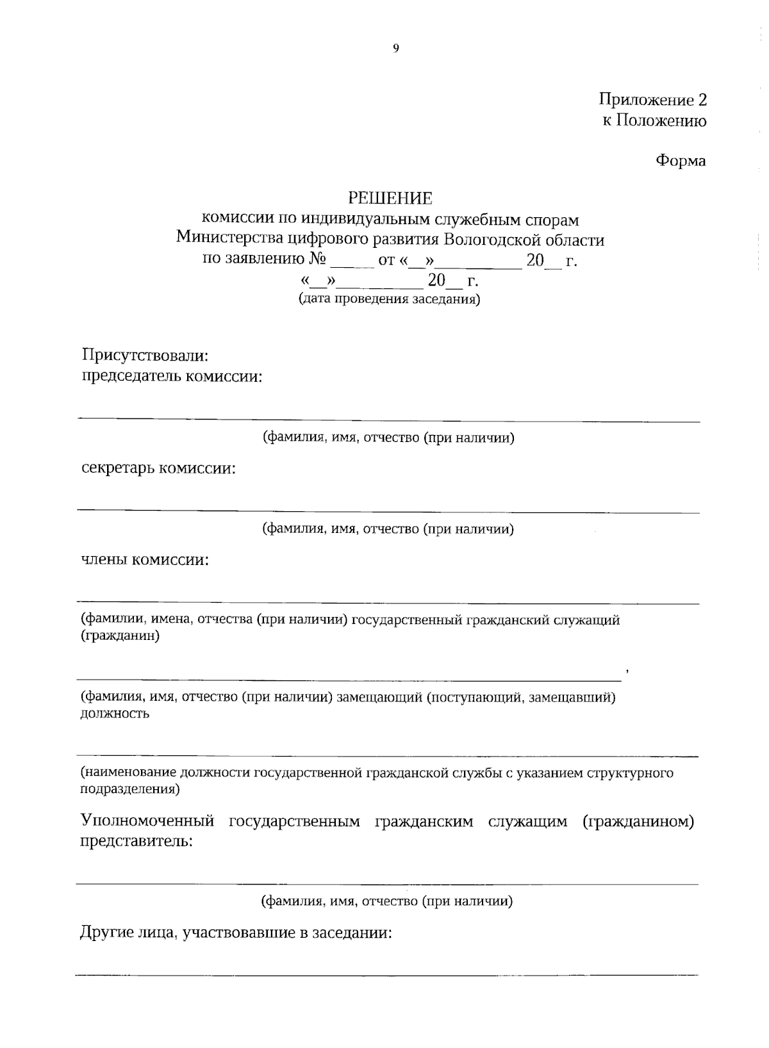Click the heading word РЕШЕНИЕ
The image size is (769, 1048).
point(390,198)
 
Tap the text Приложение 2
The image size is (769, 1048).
point(652,100)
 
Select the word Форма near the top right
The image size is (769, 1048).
point(680,161)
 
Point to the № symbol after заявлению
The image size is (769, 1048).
point(318,260)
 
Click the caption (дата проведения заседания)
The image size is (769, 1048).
point(389,299)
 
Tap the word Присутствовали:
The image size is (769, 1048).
point(145,355)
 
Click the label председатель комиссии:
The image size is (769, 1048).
point(172,376)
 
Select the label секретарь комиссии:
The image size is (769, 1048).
point(158,468)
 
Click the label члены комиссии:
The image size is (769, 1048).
point(145,560)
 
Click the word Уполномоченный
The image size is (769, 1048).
point(146,822)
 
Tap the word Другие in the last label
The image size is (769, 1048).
point(106,933)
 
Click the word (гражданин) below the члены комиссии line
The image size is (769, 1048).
point(119,636)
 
